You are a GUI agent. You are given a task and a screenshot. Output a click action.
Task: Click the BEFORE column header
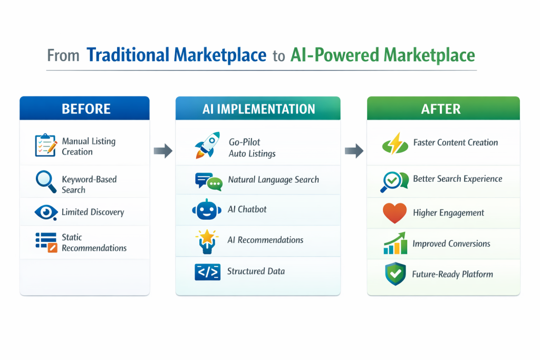tap(84, 109)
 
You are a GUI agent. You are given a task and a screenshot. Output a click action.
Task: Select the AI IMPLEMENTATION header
tap(258, 109)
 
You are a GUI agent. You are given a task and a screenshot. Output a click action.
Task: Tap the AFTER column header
tap(443, 109)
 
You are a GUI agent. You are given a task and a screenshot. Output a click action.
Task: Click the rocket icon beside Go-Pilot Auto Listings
tap(207, 145)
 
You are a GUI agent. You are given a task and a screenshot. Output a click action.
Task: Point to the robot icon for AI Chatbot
tap(207, 209)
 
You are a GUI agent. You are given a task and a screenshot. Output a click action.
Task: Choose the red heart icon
tap(394, 213)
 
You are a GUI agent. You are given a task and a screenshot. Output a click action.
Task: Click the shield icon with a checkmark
tap(396, 274)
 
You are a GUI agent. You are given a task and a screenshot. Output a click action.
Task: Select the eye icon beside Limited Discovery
tap(46, 212)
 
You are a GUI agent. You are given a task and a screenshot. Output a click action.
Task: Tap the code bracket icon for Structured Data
tap(207, 272)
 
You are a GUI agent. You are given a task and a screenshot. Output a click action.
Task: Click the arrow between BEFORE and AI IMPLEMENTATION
tap(163, 151)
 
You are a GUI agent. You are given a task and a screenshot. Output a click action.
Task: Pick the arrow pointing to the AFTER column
tap(354, 151)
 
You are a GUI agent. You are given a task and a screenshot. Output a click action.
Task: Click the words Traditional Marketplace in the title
tap(176, 55)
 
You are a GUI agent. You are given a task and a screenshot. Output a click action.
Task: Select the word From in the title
tap(63, 55)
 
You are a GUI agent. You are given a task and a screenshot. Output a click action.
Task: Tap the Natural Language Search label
tap(274, 180)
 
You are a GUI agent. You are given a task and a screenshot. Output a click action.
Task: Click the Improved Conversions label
tap(451, 244)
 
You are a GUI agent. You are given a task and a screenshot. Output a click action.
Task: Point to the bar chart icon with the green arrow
tap(395, 244)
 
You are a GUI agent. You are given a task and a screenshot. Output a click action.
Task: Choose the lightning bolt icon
tap(395, 143)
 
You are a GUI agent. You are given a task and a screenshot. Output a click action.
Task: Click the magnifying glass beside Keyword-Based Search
tap(46, 182)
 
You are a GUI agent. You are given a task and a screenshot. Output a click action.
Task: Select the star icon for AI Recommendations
tap(207, 241)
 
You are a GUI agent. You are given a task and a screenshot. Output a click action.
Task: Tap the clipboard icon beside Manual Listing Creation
tap(46, 145)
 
